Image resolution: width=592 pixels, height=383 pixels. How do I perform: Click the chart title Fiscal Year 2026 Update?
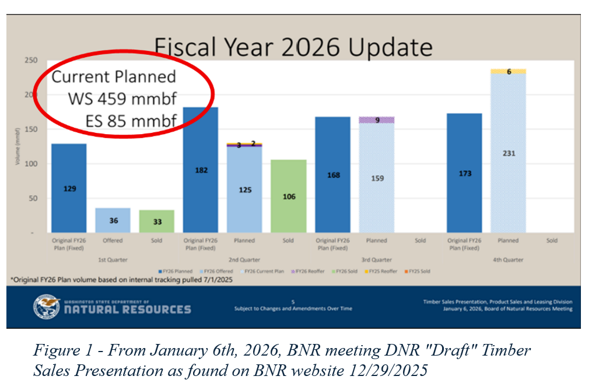click(x=292, y=47)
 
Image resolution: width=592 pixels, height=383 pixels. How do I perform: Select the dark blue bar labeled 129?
click(x=69, y=188)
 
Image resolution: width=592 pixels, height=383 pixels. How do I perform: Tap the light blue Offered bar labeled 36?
click(x=113, y=220)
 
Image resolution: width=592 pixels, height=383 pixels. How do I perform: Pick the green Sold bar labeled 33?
click(x=156, y=222)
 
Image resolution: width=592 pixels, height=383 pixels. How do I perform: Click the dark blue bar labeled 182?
click(x=201, y=170)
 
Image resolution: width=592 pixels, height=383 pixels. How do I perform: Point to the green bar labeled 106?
click(x=289, y=196)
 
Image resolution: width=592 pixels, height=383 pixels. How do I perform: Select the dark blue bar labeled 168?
click(x=332, y=174)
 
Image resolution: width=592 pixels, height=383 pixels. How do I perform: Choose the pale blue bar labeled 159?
click(x=377, y=178)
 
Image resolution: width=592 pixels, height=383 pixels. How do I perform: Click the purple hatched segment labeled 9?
click(x=377, y=120)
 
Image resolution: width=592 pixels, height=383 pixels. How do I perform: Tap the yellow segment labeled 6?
click(x=508, y=71)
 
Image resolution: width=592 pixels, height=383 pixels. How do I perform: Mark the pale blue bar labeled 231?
click(x=508, y=153)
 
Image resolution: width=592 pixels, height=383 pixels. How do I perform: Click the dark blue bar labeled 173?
click(x=464, y=173)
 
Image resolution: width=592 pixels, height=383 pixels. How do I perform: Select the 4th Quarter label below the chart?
click(x=508, y=259)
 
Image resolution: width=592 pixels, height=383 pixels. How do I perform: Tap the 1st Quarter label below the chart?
click(x=113, y=259)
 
